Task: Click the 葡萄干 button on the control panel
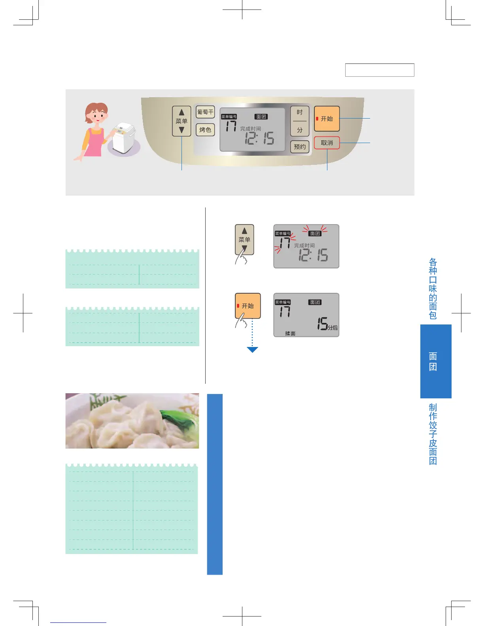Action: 205,112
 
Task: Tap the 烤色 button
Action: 205,130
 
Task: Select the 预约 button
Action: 300,147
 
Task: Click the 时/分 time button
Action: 300,121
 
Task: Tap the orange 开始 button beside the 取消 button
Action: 327,119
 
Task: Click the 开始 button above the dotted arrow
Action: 248,305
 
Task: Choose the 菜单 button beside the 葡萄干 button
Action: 181,121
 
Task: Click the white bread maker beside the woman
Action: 123,137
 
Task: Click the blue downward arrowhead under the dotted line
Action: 252,349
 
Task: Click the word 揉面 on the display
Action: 290,334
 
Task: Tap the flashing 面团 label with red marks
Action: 315,233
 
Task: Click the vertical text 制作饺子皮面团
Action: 433,434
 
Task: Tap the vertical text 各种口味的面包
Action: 433,288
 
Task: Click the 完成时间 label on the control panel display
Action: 250,128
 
